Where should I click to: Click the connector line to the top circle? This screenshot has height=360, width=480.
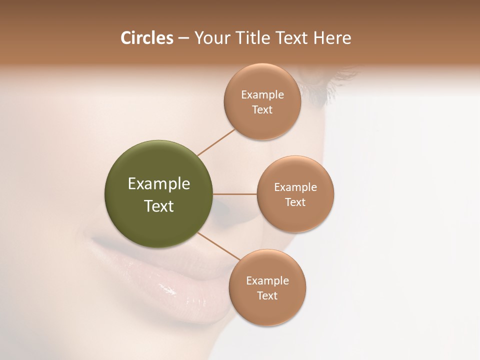click(x=216, y=142)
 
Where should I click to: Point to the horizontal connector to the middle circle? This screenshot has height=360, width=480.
click(x=235, y=194)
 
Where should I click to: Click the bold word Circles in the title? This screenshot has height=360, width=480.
click(x=147, y=38)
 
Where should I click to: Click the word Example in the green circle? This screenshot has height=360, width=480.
click(x=159, y=184)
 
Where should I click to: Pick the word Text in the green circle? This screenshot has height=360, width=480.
click(x=159, y=206)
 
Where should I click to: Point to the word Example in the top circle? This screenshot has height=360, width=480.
click(x=262, y=95)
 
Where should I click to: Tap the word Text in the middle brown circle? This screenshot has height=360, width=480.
click(x=295, y=202)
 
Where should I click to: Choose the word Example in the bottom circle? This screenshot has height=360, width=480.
click(x=267, y=281)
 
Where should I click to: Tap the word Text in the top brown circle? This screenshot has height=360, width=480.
click(x=262, y=110)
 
